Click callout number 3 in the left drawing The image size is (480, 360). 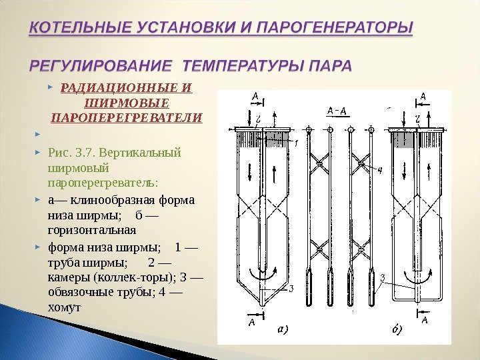(x=291, y=289)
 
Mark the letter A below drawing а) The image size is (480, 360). (x=251, y=323)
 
